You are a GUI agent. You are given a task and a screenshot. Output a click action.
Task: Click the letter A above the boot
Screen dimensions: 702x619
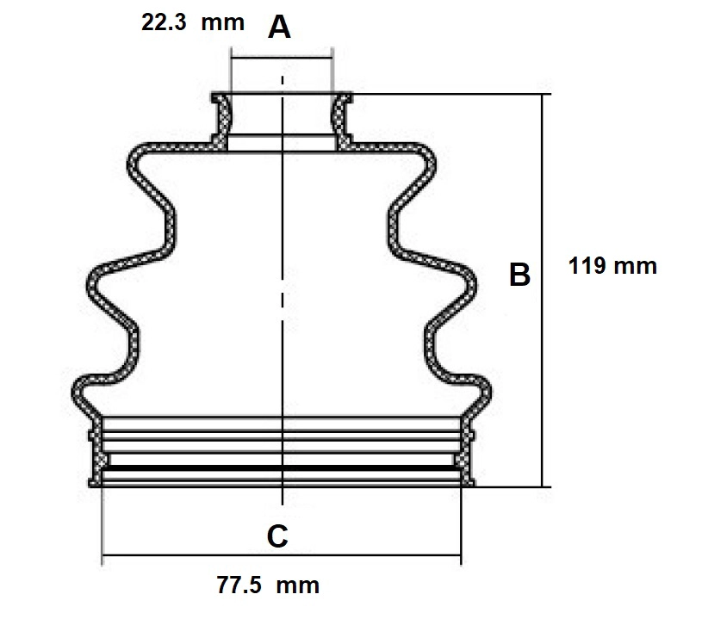click(279, 27)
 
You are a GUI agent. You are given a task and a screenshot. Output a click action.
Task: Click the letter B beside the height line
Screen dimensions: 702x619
click(519, 275)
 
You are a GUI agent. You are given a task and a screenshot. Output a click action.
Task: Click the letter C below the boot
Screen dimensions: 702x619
click(277, 535)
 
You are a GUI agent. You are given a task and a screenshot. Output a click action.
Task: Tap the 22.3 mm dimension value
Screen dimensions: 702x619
click(193, 22)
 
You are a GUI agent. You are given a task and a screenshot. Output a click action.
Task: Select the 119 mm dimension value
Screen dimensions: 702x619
click(612, 266)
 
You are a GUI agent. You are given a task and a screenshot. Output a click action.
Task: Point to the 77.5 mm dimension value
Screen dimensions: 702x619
click(268, 585)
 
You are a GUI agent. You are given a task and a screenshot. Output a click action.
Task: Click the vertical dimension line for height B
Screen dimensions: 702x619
click(542, 290)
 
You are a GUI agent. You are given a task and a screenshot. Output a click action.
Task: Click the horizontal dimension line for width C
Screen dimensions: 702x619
click(282, 555)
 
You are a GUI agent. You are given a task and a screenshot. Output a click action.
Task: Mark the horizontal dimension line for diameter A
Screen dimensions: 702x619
click(282, 58)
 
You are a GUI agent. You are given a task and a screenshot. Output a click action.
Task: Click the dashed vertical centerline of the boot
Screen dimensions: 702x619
click(282, 290)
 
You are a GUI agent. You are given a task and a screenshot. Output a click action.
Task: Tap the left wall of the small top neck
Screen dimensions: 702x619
click(221, 119)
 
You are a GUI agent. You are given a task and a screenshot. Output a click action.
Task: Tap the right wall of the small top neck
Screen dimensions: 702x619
click(341, 119)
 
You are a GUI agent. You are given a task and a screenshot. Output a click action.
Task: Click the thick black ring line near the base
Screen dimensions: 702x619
click(282, 468)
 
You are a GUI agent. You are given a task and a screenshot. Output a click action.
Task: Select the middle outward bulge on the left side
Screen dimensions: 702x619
click(93, 285)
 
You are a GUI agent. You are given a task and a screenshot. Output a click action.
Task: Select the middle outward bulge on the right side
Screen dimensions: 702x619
click(471, 285)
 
